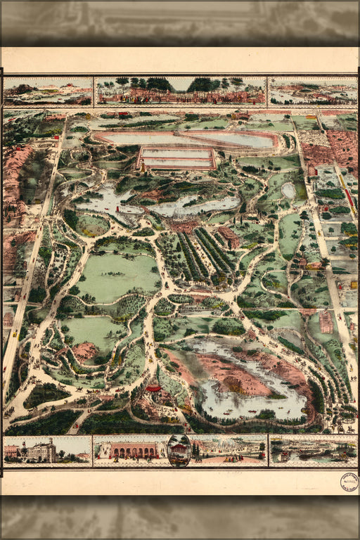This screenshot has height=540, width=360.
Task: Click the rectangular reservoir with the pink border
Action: pyautogui.click(x=176, y=158)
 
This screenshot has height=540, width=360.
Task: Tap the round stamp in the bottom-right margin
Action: pyautogui.click(x=349, y=482)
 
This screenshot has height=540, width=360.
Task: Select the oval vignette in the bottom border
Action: pyautogui.click(x=179, y=451)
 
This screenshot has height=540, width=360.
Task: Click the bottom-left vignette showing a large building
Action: pyautogui.click(x=47, y=450)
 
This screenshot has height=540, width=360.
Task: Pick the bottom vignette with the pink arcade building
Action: pyautogui.click(x=129, y=451)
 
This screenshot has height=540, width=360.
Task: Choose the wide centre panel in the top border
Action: pyautogui.click(x=180, y=91)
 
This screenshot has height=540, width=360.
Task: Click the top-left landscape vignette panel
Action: pyautogui.click(x=47, y=91)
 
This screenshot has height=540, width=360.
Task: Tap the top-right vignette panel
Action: pyautogui.click(x=312, y=91)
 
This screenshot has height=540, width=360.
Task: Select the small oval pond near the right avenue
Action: pyautogui.click(x=288, y=190)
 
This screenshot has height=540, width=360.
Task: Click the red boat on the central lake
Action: pyautogui.click(x=118, y=209)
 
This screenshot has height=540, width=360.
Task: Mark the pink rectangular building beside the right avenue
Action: pyautogui.click(x=326, y=321)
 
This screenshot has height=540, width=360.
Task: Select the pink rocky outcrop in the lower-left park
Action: pyautogui.click(x=84, y=350)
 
